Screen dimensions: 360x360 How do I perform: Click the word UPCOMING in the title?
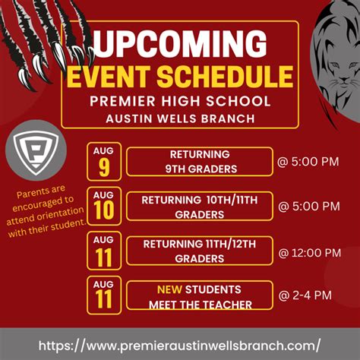(180, 44)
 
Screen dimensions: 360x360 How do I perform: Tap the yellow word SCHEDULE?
(225, 76)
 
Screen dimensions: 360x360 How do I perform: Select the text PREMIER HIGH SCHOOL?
(180, 101)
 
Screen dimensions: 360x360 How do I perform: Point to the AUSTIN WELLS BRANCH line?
(180, 118)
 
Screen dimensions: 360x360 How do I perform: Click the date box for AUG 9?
(104, 162)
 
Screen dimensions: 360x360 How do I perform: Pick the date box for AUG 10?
(104, 206)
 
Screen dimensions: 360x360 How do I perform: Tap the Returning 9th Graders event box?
(200, 162)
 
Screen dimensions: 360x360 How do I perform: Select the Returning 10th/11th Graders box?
(200, 206)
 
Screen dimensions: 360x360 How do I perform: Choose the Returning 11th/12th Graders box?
(200, 251)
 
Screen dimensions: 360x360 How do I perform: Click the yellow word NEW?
(169, 289)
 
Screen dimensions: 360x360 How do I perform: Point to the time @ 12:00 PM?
(310, 253)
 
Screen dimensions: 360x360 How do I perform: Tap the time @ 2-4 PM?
(305, 295)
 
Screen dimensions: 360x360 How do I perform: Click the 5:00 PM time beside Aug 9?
(308, 162)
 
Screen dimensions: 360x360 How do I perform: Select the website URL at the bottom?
(180, 346)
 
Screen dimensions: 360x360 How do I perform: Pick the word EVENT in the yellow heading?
(108, 76)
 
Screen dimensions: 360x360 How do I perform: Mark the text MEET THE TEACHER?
(201, 305)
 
